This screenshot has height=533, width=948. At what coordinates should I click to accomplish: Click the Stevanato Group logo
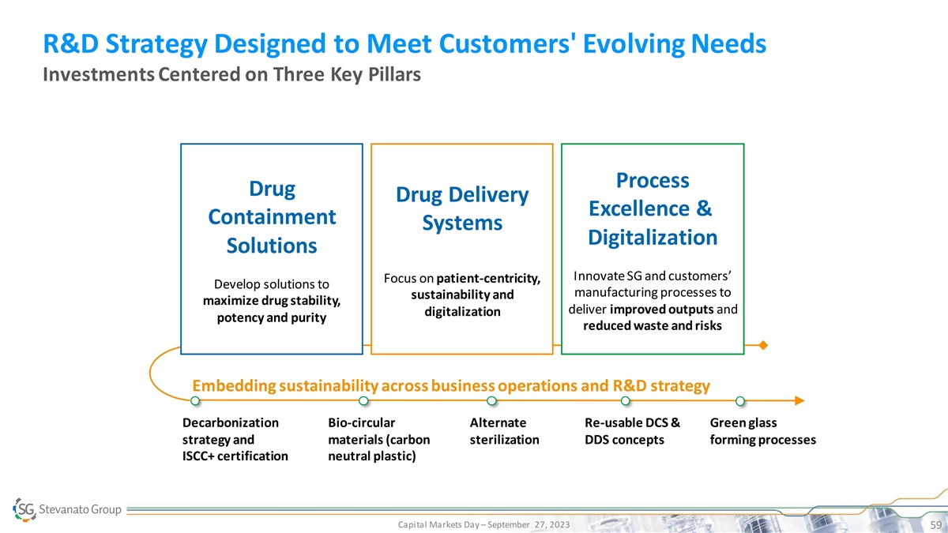[67, 509]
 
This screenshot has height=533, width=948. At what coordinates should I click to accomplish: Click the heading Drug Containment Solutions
[272, 217]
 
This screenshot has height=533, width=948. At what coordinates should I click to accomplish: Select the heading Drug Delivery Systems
[462, 208]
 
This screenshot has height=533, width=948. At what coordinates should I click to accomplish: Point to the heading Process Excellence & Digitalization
[653, 208]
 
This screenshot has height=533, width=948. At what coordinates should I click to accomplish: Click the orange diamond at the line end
[762, 345]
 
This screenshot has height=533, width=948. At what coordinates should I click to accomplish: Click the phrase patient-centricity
[488, 278]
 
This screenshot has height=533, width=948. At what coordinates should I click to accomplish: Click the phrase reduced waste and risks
[653, 325]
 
